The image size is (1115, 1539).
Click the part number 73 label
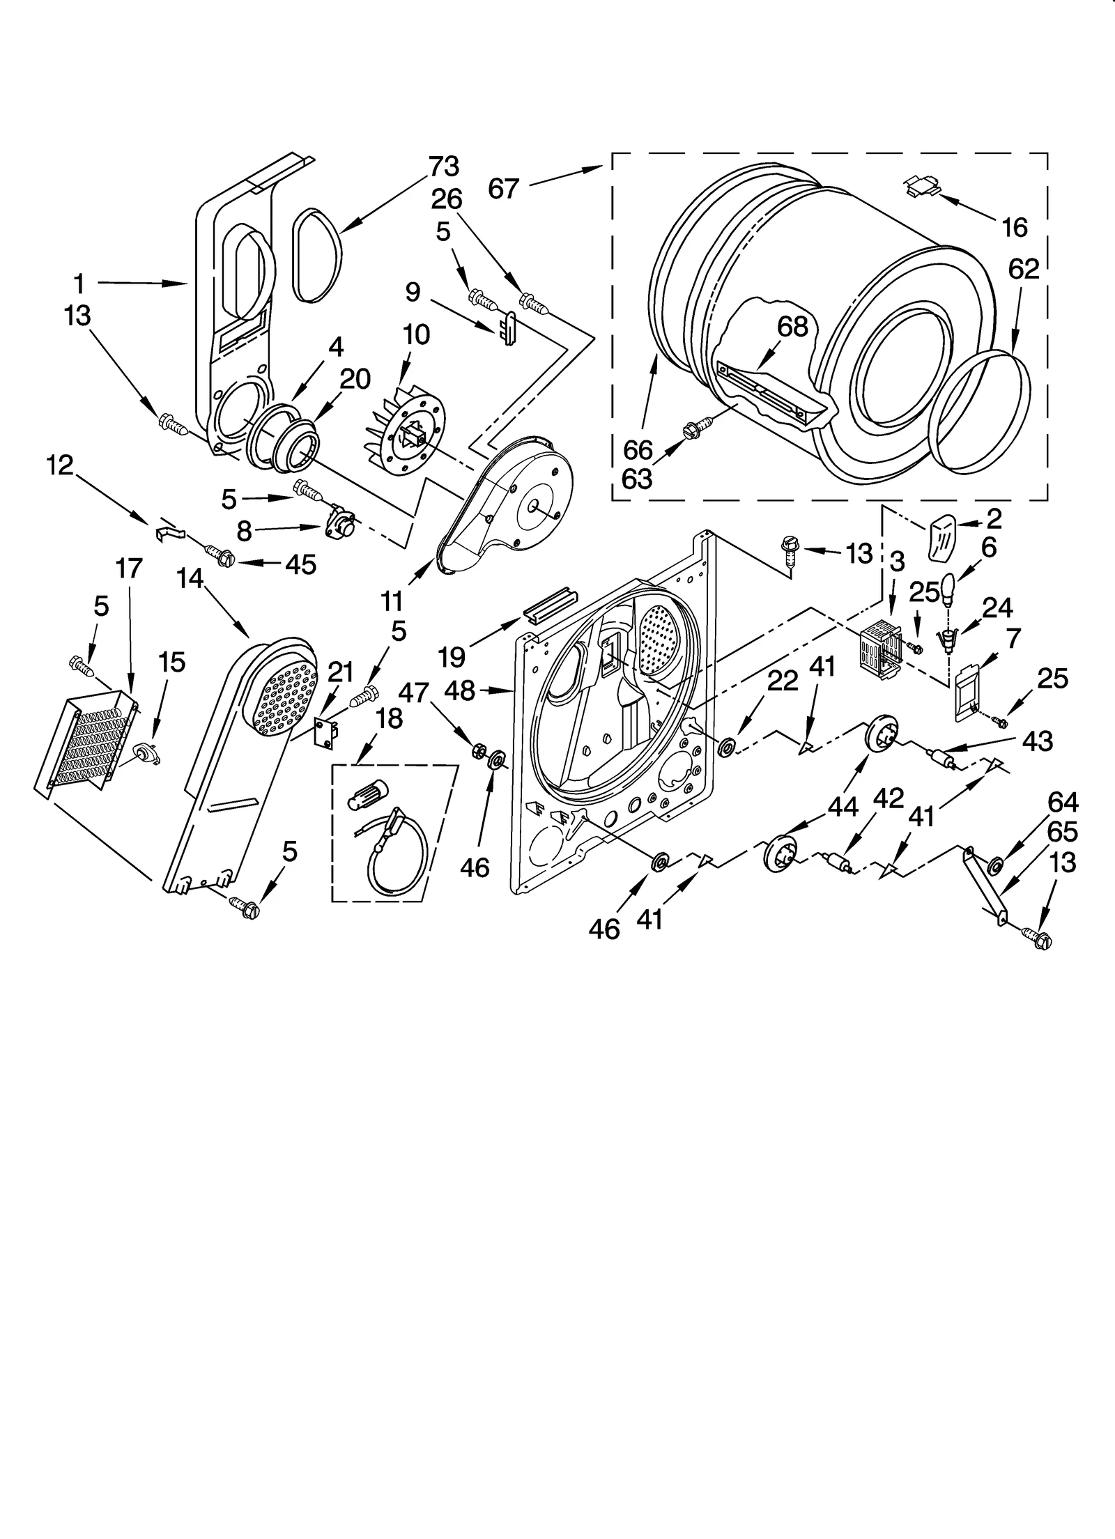pyautogui.click(x=444, y=167)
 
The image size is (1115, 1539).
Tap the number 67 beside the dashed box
pyautogui.click(x=503, y=188)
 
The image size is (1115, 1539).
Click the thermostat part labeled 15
pyautogui.click(x=146, y=754)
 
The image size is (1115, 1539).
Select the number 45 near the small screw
pyautogui.click(x=300, y=564)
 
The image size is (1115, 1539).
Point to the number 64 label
pyautogui.click(x=1062, y=803)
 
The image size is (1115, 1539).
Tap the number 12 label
pyautogui.click(x=61, y=465)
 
